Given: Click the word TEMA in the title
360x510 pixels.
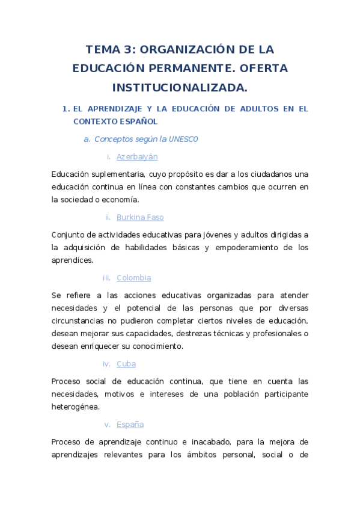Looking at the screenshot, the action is pyautogui.click(x=103, y=49).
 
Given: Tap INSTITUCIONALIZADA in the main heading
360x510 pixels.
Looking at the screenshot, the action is pyautogui.click(x=180, y=88).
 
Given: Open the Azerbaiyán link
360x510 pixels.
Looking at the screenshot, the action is pyautogui.click(x=137, y=156).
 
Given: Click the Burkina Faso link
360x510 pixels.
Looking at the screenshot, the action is pyautogui.click(x=140, y=217).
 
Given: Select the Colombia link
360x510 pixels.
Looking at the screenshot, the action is pyautogui.click(x=133, y=278).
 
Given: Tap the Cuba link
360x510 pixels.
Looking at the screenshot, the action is pyautogui.click(x=126, y=364).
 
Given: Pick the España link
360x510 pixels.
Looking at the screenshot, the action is pyautogui.click(x=130, y=425).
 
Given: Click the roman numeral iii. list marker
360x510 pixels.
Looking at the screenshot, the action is pyautogui.click(x=106, y=278).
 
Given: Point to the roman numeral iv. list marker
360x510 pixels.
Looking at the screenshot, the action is pyautogui.click(x=106, y=364).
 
